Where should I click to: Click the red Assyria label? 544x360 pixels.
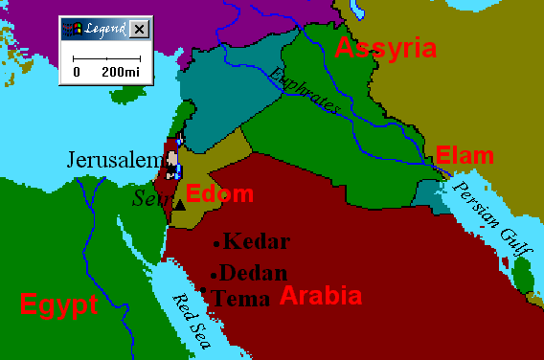coord(384,48)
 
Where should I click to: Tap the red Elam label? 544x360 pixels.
coord(465,155)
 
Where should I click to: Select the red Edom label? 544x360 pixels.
coord(219,194)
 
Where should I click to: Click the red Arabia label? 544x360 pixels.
coord(320,295)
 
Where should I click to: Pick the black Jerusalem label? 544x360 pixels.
coord(113,160)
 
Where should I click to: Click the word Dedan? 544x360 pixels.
coord(255,273)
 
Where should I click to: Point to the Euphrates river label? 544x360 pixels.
coord(304,92)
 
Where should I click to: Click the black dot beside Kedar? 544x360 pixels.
coord(217,243)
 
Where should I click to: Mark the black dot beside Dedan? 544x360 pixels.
coord(215,274)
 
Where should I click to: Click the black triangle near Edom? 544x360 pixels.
coord(178,205)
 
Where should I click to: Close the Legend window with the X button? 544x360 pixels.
coord(140,30)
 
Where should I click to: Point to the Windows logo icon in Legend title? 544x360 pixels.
coord(70,30)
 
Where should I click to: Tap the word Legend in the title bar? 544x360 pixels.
coord(104,30)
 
